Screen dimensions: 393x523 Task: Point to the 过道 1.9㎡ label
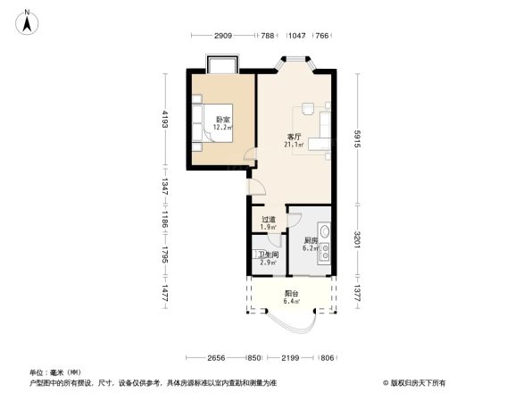268,223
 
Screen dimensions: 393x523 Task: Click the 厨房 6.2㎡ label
310,244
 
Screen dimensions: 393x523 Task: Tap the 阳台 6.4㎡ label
291,297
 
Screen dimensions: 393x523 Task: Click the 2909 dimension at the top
223,36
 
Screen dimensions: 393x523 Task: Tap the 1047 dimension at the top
296,36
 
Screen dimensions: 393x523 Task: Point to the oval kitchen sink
327,236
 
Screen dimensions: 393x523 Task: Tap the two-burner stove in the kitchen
327,255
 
